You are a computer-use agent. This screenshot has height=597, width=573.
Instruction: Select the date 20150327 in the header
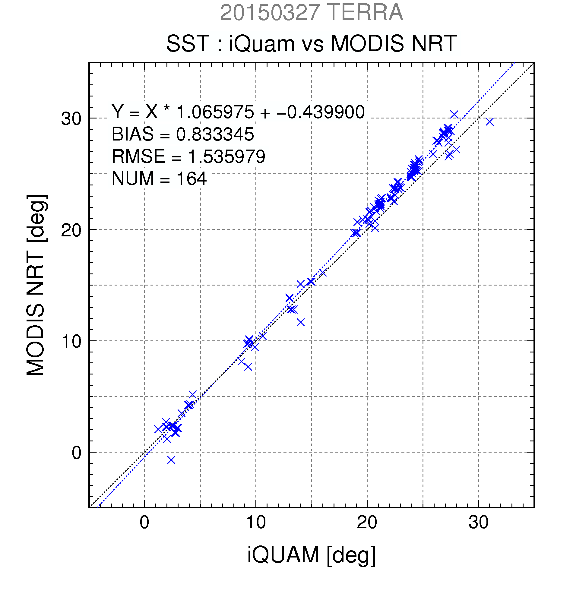click(270, 12)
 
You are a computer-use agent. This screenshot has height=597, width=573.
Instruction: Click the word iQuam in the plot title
click(262, 43)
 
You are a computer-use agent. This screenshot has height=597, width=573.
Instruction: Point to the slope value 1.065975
click(215, 112)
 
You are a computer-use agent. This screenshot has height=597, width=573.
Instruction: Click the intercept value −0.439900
click(321, 112)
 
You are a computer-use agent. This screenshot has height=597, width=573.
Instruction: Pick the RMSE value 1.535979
click(226, 156)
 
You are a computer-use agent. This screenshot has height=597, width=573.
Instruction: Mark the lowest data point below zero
click(172, 460)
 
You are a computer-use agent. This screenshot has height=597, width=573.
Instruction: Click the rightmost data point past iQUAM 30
click(489, 122)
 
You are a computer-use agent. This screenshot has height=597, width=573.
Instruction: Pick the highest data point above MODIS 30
click(454, 115)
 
